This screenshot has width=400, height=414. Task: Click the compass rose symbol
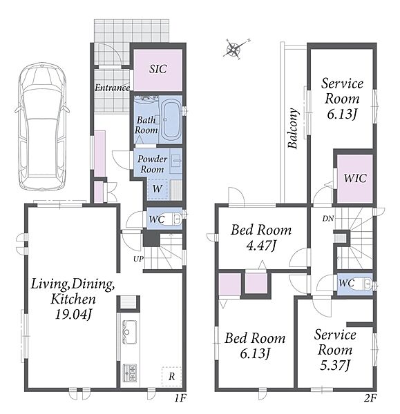pyautogui.click(x=234, y=49)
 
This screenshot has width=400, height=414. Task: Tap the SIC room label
pyautogui.click(x=158, y=69)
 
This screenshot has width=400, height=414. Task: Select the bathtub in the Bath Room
pyautogui.click(x=171, y=119)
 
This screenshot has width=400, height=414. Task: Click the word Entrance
pyautogui.click(x=112, y=88)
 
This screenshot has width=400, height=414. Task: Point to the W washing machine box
pyautogui.click(x=158, y=189)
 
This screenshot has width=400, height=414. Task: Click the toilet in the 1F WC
pyautogui.click(x=176, y=218)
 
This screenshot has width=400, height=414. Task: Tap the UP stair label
pyautogui.click(x=138, y=259)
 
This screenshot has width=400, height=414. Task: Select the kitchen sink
pyautogui.click(x=130, y=332)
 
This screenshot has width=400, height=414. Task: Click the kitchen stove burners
pyautogui.click(x=130, y=373)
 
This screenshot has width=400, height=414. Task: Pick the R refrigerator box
pyautogui.click(x=171, y=377)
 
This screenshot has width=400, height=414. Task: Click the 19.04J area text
pyautogui.click(x=73, y=315)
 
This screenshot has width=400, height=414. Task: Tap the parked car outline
pyautogui.click(x=42, y=126)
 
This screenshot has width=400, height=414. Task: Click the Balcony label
pyautogui.click(x=294, y=128)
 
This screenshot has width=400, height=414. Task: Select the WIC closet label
pyautogui.click(x=355, y=178)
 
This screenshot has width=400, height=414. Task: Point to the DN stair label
pyautogui.click(x=328, y=218)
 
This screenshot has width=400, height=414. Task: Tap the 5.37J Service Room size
pyautogui.click(x=335, y=366)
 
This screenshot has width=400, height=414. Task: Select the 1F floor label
pyautogui.click(x=180, y=398)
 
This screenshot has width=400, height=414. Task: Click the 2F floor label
pyautogui.click(x=370, y=398)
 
